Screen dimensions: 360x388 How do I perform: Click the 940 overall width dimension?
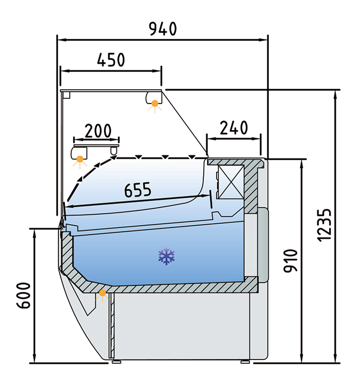click(163, 29)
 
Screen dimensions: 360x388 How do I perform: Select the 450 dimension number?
click(111, 60)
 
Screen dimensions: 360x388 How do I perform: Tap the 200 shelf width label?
click(98, 130)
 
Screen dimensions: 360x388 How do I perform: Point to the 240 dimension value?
click(234, 128)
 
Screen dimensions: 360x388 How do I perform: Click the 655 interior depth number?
click(138, 190)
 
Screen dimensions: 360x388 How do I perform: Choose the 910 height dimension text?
click(290, 261)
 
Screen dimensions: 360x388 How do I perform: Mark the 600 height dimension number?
click(24, 296)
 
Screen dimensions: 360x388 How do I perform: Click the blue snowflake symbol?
click(167, 256)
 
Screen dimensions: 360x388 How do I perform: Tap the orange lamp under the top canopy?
click(155, 103)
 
